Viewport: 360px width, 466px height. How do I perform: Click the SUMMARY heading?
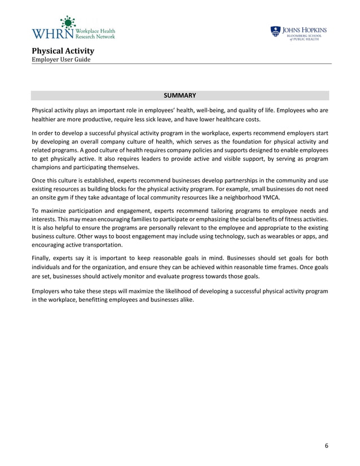180,95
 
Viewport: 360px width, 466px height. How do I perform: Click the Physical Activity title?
63,51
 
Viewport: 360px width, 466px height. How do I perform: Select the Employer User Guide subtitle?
62,60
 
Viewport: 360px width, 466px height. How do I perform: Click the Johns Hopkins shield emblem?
275,32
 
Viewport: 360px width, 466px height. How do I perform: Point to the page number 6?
326,446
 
